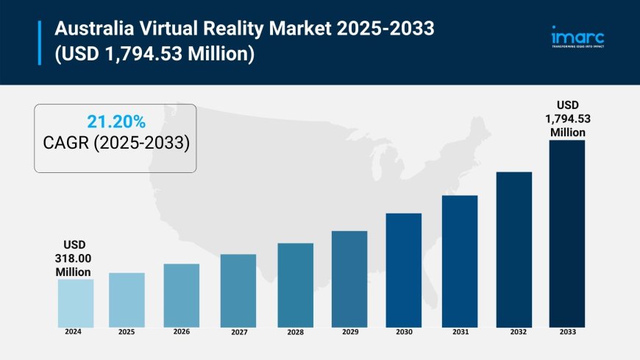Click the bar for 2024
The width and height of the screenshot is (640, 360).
76,303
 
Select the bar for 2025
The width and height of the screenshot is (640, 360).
127,300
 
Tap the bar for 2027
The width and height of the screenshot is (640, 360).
238,290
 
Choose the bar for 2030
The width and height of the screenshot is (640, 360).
404,269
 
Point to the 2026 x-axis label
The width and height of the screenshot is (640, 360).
181,331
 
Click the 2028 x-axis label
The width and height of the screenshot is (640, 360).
295,332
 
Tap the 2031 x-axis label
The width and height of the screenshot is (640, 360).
460,332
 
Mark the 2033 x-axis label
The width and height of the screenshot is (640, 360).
567,332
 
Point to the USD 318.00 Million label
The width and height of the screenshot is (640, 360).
74,258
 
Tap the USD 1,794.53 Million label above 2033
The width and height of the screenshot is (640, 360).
568,119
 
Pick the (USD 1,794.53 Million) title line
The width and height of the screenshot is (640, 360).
152,54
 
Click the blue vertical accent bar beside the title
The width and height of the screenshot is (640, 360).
40,42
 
